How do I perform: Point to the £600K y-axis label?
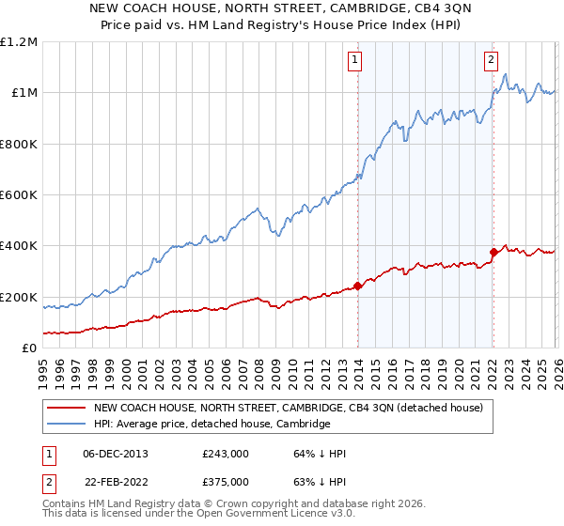[x=18, y=195]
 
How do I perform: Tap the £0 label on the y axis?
[x=29, y=348]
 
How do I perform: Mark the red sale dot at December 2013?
[x=357, y=286]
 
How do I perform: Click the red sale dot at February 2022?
[x=493, y=252]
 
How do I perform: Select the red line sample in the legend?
[x=66, y=409]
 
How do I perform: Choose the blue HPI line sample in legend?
[x=66, y=425]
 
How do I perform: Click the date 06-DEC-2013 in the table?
[x=115, y=454]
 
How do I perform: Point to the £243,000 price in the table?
[x=226, y=454]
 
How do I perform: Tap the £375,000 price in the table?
[x=226, y=482]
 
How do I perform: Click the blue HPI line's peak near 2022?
[x=506, y=75]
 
